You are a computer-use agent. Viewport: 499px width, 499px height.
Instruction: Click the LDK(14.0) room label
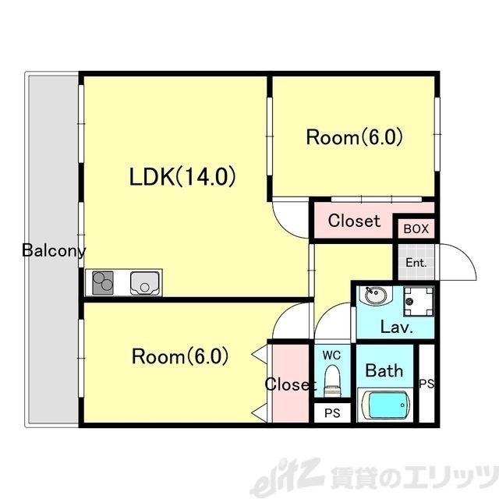(x=182, y=178)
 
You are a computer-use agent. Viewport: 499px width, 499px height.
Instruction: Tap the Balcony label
(x=54, y=251)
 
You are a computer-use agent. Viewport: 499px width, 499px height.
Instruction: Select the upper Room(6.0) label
(x=354, y=138)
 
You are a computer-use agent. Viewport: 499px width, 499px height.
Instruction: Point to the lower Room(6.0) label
(x=179, y=357)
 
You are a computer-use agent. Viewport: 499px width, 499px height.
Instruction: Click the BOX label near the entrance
(x=416, y=229)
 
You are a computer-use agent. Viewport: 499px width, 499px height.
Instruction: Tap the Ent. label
(x=416, y=263)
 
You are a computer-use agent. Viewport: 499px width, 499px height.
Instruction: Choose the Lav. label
(x=396, y=327)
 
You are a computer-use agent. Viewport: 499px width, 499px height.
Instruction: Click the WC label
(x=332, y=355)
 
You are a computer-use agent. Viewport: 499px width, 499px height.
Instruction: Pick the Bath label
(x=385, y=370)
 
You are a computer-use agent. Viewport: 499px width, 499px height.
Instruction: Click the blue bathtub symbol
(x=388, y=406)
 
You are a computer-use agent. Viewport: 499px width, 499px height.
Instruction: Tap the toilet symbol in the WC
(x=332, y=382)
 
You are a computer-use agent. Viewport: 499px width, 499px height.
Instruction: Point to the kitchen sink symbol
(x=145, y=282)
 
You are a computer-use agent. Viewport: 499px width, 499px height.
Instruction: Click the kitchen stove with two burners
(x=104, y=282)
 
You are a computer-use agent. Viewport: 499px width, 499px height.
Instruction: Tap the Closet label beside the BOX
(x=354, y=221)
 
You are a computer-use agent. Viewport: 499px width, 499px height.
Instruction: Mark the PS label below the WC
(x=332, y=413)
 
